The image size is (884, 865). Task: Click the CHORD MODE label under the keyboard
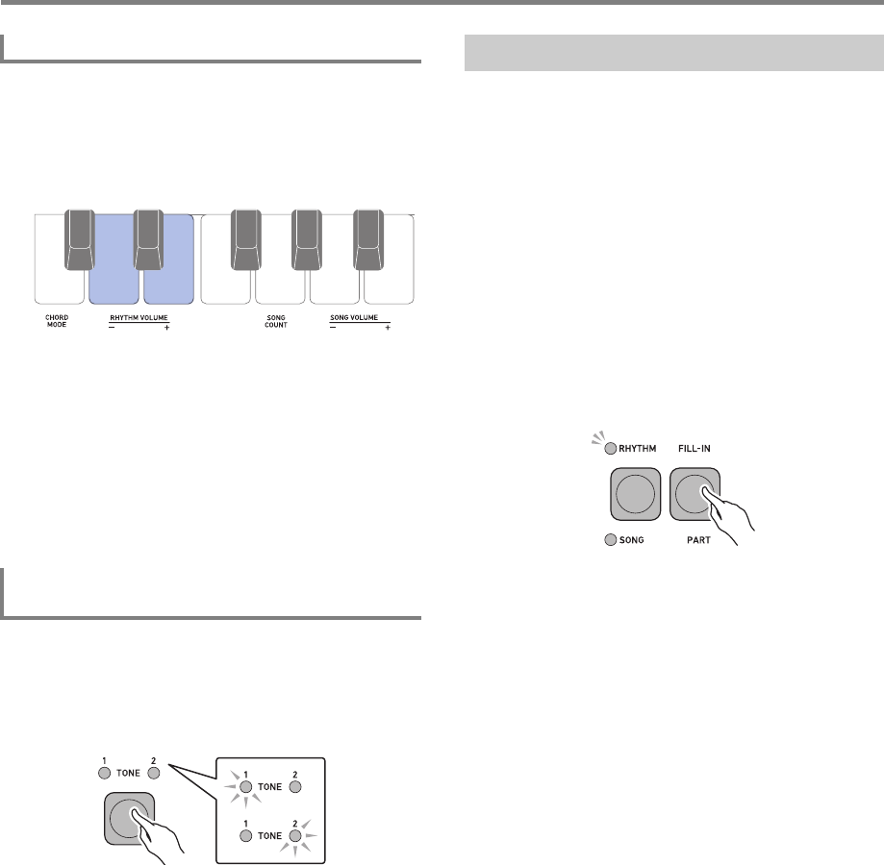tap(57, 321)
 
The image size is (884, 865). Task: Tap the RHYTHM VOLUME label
tap(139, 317)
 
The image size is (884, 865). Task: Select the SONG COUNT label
tap(276, 321)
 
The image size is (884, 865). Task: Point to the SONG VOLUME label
tap(354, 317)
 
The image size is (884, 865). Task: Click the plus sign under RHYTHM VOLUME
tap(166, 328)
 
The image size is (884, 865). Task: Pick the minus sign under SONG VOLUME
tap(333, 328)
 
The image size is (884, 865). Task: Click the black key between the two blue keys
tap(148, 240)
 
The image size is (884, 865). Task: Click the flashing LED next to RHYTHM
tap(610, 449)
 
